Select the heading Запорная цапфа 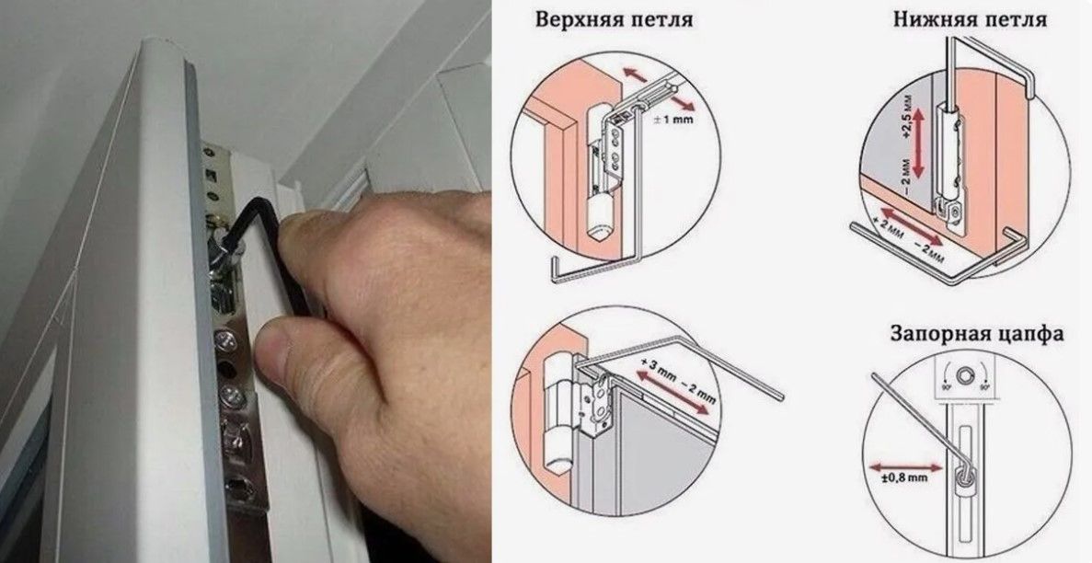[976, 333]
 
